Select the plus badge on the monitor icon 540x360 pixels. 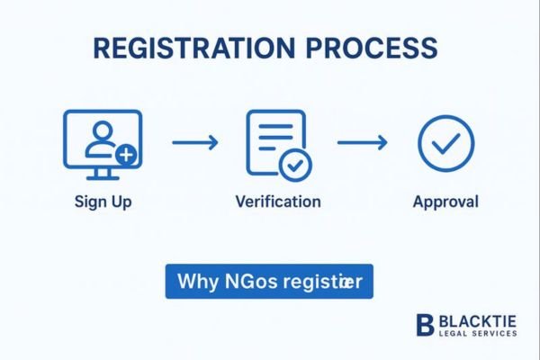126,154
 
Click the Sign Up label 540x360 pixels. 103,202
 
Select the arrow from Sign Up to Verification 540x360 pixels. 194,141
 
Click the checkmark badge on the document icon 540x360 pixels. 293,165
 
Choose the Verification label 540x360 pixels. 277,202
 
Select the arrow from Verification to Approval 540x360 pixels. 362,141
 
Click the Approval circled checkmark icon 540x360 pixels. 445,142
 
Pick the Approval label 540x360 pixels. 445,202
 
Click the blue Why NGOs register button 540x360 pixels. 268,281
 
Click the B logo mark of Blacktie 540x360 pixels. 425,325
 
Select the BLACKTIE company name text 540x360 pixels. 478,320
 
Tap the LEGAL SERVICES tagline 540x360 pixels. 478,334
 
